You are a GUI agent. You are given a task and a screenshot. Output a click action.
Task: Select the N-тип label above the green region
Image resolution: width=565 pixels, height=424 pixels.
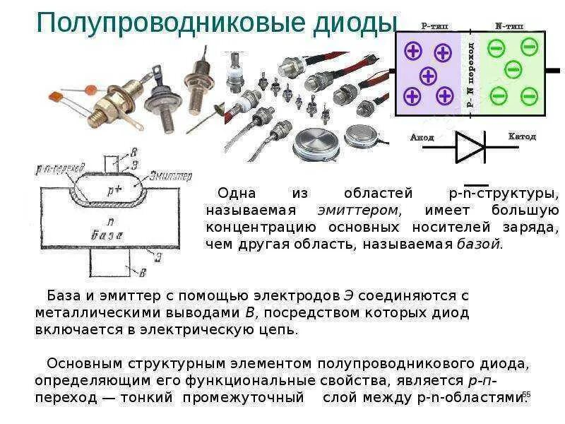point(509,26)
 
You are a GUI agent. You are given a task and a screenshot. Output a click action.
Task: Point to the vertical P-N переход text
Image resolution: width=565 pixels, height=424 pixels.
point(470,71)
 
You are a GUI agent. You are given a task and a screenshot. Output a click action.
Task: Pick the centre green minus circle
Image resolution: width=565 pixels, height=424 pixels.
point(513,69)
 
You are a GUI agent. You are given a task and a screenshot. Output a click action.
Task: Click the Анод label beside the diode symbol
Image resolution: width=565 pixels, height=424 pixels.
point(422,137)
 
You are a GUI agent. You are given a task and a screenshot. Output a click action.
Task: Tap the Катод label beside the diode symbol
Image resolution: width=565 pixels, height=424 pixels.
point(522,136)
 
